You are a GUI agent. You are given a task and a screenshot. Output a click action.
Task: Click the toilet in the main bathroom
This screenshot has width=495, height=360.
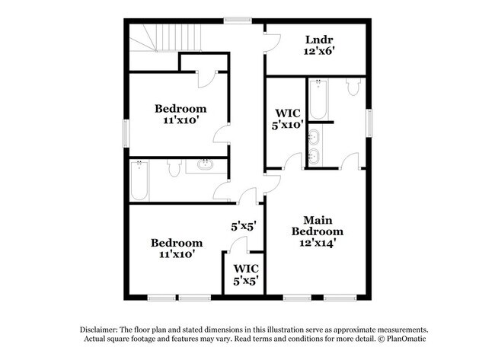(x=352, y=87)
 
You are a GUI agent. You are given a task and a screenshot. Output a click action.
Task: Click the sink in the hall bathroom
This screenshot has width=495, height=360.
(x=204, y=164)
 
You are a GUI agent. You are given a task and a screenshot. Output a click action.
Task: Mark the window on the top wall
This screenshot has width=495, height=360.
(x=238, y=21)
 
